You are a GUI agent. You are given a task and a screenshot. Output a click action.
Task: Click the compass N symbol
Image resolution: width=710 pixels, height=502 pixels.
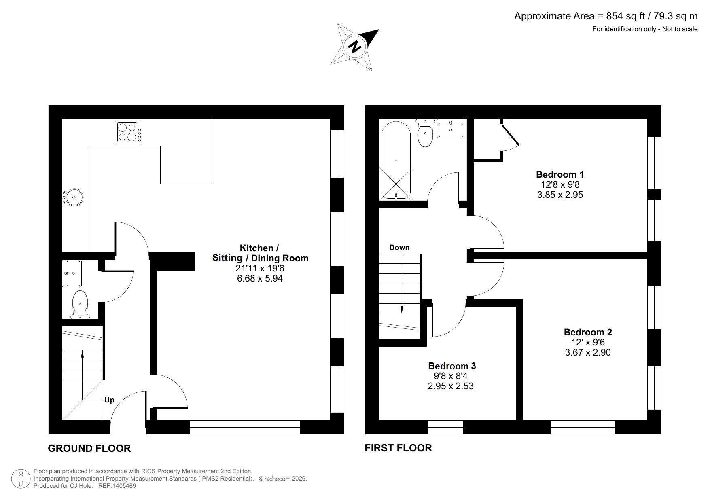[355, 47]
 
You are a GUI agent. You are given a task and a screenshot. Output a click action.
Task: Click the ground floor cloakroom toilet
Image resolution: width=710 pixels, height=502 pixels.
[80, 304]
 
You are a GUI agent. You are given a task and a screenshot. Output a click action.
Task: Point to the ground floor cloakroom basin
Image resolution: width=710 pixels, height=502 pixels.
[72, 273]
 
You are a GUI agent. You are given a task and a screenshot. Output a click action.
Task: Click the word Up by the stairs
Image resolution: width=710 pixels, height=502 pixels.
[109, 400]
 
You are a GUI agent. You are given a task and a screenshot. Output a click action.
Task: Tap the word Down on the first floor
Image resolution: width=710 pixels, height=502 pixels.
[399, 248]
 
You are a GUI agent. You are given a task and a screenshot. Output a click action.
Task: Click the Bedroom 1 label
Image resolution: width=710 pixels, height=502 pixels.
[560, 175]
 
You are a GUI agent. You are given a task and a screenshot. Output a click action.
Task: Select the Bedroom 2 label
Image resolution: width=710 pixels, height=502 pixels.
[587, 333]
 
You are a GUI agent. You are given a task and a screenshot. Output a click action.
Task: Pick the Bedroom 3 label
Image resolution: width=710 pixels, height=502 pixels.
[451, 366]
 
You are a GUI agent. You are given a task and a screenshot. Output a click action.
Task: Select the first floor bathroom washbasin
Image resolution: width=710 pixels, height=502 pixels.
[451, 129]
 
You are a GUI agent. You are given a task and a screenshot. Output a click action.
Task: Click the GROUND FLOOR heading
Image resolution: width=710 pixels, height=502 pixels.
[89, 448]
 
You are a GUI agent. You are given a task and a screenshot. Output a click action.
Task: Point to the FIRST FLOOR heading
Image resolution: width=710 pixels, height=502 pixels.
[398, 448]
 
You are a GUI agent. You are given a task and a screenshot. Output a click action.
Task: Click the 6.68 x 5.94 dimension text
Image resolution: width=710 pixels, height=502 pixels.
[260, 278]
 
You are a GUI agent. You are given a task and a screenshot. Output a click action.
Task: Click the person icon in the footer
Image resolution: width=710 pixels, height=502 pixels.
[21, 479]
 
